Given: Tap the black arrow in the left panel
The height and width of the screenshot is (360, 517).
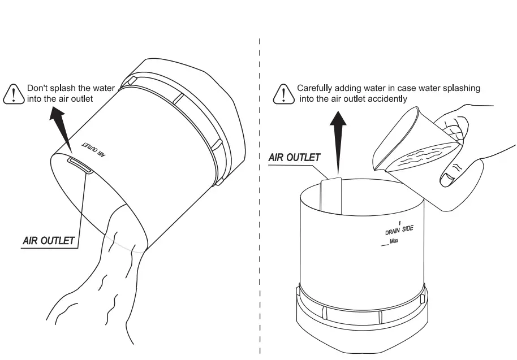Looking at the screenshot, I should click(x=61, y=127).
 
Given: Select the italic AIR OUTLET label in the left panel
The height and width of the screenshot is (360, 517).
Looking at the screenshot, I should click(x=49, y=240).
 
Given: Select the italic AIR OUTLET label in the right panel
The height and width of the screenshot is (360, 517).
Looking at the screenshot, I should click(x=295, y=158).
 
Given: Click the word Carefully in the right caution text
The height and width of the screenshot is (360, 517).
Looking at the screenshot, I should click(x=313, y=89).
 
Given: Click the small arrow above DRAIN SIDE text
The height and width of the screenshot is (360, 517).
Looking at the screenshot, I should click(x=400, y=223).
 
